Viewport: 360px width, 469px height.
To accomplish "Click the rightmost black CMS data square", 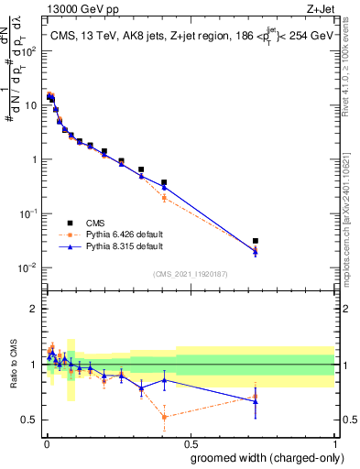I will click(256, 241).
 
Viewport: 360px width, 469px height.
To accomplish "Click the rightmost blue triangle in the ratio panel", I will click(256, 400).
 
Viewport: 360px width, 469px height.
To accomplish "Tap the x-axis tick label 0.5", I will click(190, 442).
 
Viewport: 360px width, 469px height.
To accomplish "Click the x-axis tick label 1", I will click(333, 442).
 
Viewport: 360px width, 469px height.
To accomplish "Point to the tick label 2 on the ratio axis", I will click(34, 309).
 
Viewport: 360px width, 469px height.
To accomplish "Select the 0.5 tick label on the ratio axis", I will click(29, 420).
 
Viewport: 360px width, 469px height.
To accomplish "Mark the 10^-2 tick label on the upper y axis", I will click(28, 267).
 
